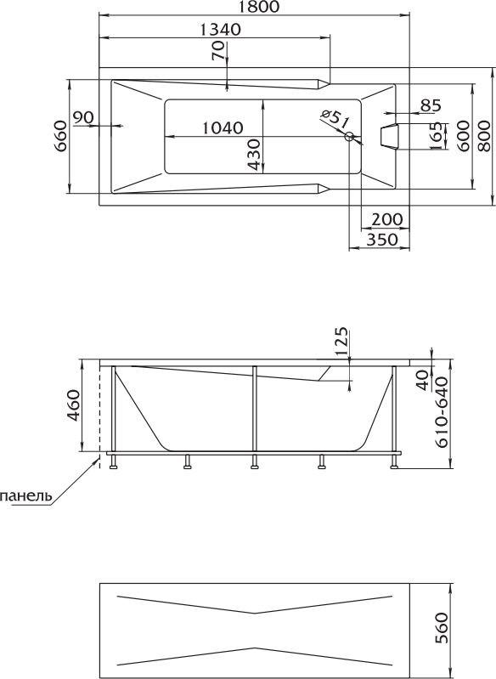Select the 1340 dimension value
(x=220, y=30)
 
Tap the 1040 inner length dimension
(x=223, y=127)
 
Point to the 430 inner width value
(x=254, y=155)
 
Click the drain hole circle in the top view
(x=349, y=137)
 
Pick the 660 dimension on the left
(x=60, y=135)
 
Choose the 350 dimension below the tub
(x=382, y=239)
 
